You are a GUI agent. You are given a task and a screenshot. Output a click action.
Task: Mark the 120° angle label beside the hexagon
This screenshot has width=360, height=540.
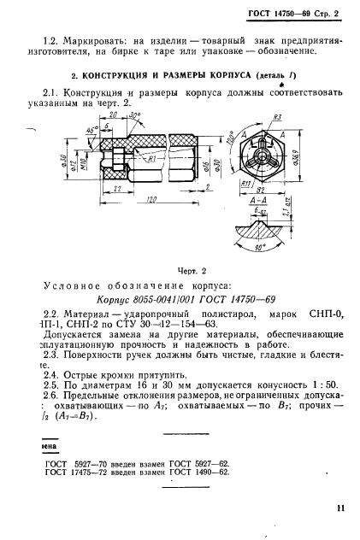[x=228, y=138]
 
